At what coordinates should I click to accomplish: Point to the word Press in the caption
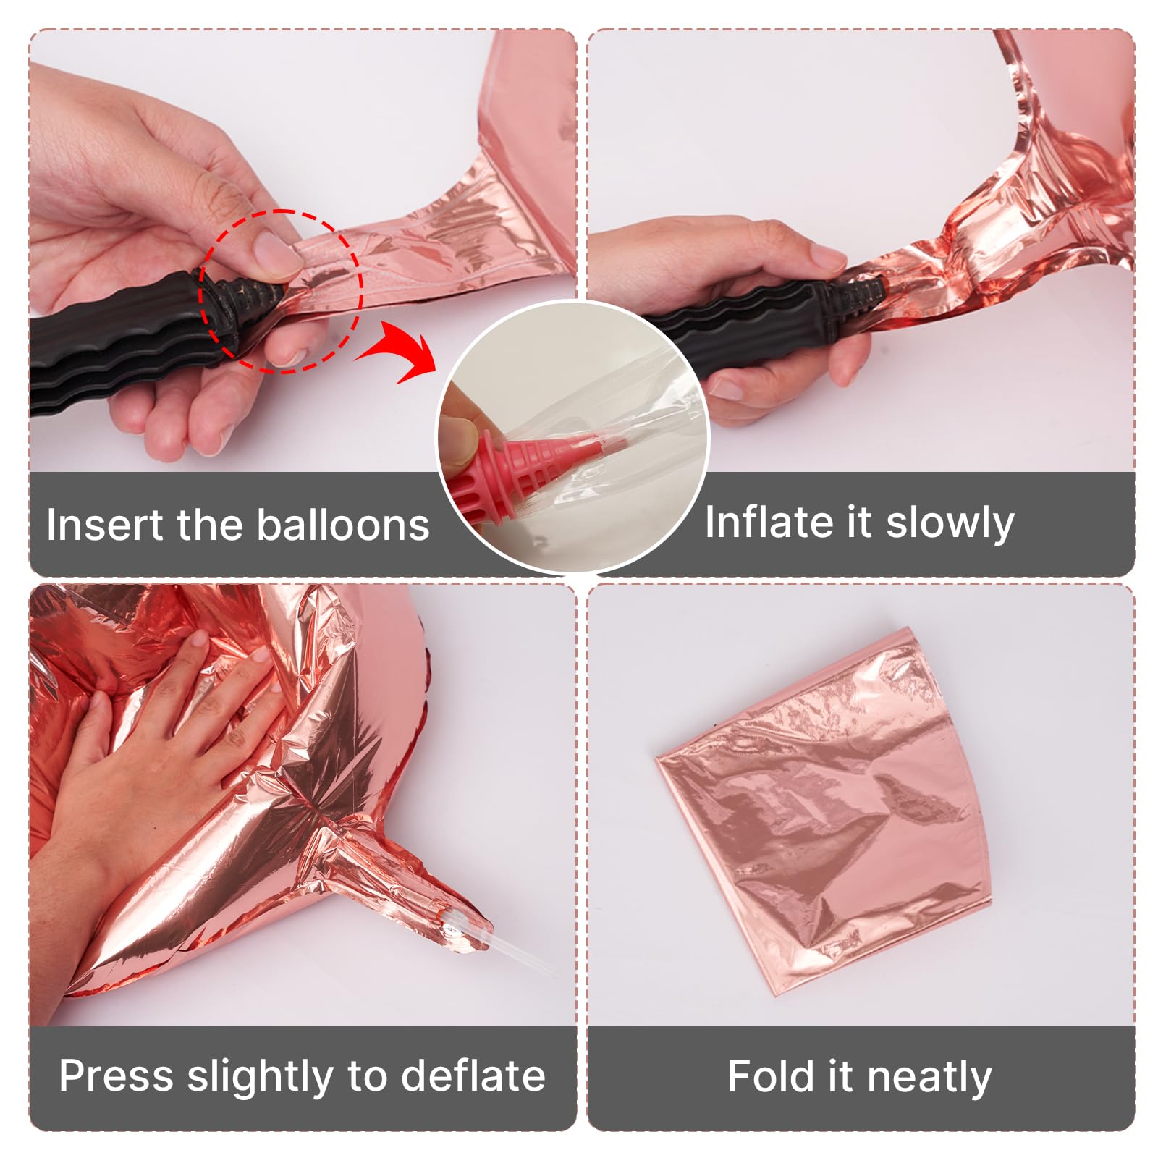pyautogui.click(x=117, y=1075)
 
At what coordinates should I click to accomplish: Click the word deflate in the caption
pyautogui.click(x=473, y=1075)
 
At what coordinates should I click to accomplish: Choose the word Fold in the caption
pyautogui.click(x=770, y=1076)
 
